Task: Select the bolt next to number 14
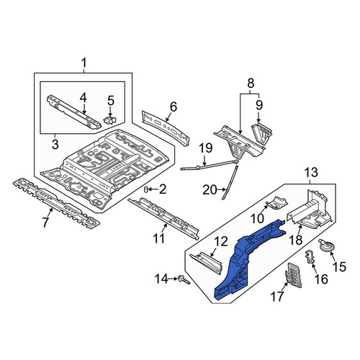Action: click(x=184, y=280)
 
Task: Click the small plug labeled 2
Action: click(x=146, y=189)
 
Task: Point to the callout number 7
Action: click(x=45, y=222)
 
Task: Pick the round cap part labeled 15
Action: click(x=326, y=246)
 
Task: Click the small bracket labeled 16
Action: click(x=310, y=257)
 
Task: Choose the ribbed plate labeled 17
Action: click(x=293, y=275)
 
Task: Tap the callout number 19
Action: click(x=206, y=148)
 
